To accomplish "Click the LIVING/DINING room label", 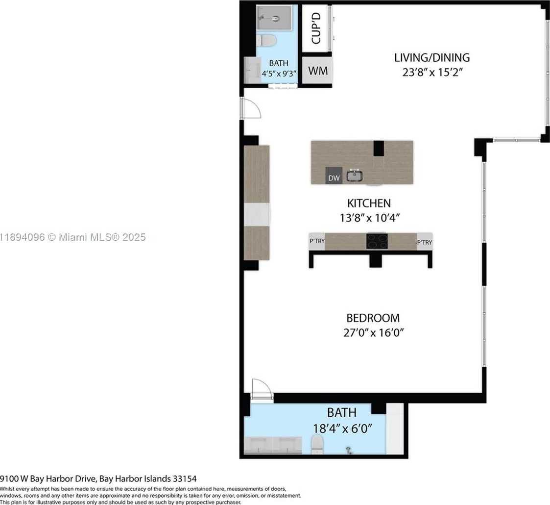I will (x=431, y=57).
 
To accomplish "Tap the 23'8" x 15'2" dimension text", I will (x=431, y=73).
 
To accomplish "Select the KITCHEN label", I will (x=369, y=203).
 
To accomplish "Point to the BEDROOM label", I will (x=373, y=318).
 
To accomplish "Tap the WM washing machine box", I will (x=317, y=70).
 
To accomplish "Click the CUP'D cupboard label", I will (x=316, y=28).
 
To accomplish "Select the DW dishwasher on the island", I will (x=334, y=178).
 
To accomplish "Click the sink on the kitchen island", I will (x=355, y=175).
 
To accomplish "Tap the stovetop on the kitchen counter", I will (x=377, y=241).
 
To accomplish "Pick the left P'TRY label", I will (x=317, y=242).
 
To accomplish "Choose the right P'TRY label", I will (x=424, y=242).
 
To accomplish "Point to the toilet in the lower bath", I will (x=318, y=445).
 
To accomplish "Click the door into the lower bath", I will (x=261, y=390).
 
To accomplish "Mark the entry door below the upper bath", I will (x=250, y=108).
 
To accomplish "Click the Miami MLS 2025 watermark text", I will (x=73, y=237).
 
